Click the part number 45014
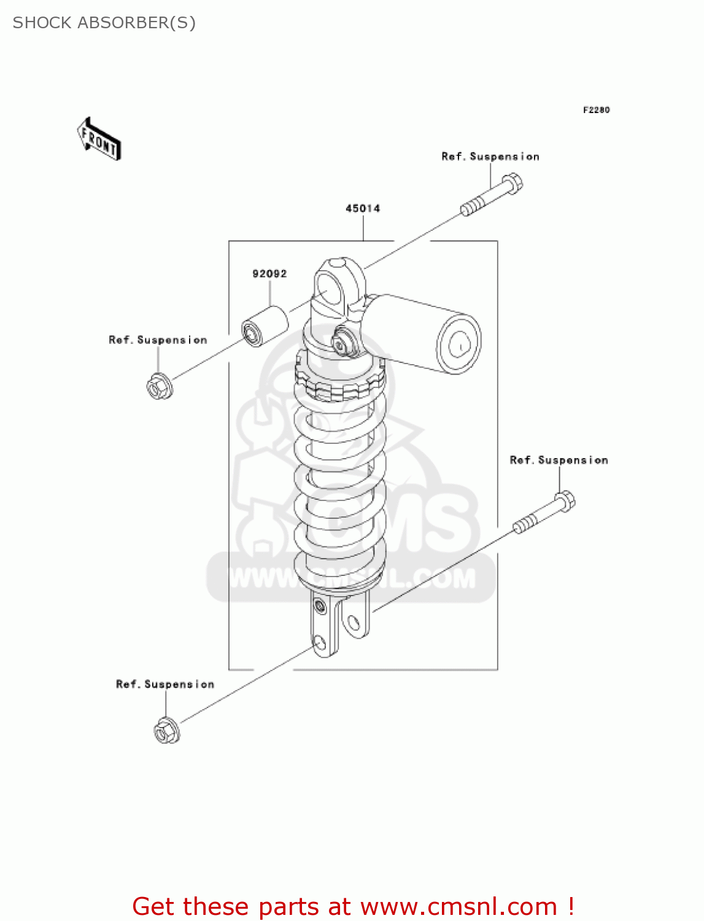pyautogui.click(x=363, y=209)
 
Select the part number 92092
pyautogui.click(x=269, y=274)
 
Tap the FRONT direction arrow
pyautogui.click(x=99, y=139)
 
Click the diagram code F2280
pyautogui.click(x=596, y=110)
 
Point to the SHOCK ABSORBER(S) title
pyautogui.click(x=104, y=23)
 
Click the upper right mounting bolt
pyautogui.click(x=492, y=195)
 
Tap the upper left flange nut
pyautogui.click(x=159, y=386)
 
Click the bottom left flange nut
pyautogui.click(x=166, y=731)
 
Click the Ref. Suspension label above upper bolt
pyautogui.click(x=490, y=157)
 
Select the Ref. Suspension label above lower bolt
pyautogui.click(x=559, y=460)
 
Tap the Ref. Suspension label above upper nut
pyautogui.click(x=158, y=340)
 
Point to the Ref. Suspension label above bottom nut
pyautogui.click(x=165, y=685)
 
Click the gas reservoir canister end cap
pyautogui.click(x=458, y=344)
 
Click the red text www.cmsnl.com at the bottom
pyautogui.click(x=458, y=907)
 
